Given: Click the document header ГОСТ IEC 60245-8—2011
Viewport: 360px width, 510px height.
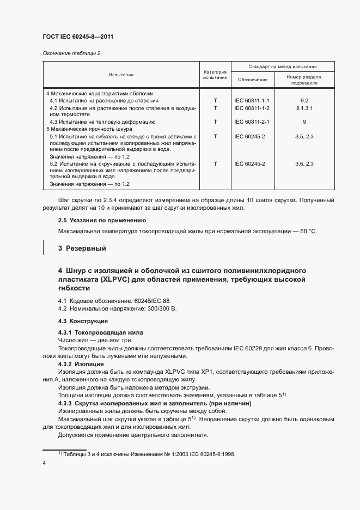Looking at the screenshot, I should (x=77, y=37).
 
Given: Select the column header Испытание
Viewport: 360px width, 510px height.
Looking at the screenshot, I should (x=121, y=75).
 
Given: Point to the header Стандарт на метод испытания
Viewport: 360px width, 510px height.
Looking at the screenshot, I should (x=283, y=66).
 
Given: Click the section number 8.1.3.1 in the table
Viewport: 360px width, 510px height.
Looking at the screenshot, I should (x=305, y=108).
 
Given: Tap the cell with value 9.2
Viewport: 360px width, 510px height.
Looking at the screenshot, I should (x=305, y=101).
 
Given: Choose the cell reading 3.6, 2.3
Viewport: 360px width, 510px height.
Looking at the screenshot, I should (x=305, y=163).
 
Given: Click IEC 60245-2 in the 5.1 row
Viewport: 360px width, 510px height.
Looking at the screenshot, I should (x=251, y=136).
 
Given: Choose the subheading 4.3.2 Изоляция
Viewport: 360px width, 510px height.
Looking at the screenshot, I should (x=82, y=363).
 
